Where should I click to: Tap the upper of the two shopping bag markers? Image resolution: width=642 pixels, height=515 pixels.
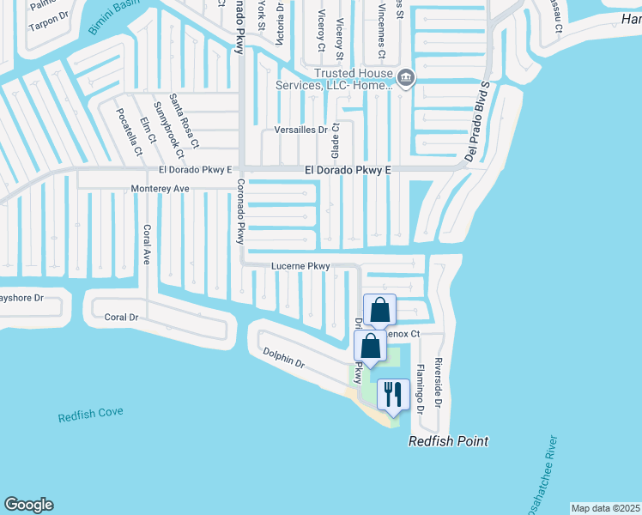tap(379, 311)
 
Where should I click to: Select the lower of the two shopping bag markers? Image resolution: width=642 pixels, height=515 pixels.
tap(370, 347)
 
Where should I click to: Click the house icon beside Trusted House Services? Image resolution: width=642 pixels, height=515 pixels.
tap(406, 80)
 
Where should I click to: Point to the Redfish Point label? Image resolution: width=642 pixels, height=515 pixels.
tap(448, 441)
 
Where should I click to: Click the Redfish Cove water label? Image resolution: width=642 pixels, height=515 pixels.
tap(90, 415)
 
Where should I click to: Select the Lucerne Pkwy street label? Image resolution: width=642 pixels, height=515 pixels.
tap(300, 267)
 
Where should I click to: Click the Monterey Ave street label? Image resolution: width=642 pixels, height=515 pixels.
tap(160, 188)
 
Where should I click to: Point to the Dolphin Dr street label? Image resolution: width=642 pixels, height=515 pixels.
tap(284, 358)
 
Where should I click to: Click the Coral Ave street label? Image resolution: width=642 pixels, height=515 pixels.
tap(147, 244)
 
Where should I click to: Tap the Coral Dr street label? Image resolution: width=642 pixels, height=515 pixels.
tap(121, 317)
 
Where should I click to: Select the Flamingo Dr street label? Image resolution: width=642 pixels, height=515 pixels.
tap(420, 388)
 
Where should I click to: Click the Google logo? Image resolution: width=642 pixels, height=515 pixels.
tap(28, 505)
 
